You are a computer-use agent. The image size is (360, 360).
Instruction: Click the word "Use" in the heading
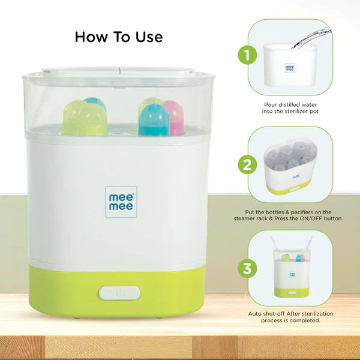click(149, 37)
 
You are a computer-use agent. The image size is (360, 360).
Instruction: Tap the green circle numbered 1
click(247, 55)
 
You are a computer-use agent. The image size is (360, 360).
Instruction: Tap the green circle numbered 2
click(247, 164)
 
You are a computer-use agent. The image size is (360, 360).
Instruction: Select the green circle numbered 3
click(247, 268)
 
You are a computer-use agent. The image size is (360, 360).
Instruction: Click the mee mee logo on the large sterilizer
click(121, 202)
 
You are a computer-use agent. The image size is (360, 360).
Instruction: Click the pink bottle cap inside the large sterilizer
click(174, 118)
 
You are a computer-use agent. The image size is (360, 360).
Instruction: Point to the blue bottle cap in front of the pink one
click(154, 120)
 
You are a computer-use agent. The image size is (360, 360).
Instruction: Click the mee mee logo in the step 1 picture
click(290, 68)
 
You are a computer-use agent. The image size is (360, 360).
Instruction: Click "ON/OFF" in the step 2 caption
click(311, 218)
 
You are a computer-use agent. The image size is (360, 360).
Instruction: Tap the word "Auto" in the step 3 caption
click(254, 314)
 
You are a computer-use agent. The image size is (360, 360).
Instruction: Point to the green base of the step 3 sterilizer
click(292, 292)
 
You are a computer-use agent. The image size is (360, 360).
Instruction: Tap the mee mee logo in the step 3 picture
click(292, 274)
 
